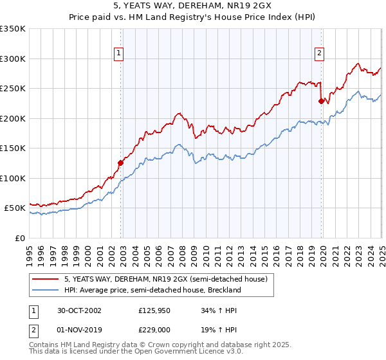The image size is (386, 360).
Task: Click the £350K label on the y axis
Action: click(13, 29)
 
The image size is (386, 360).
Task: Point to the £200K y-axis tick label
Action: click(13, 118)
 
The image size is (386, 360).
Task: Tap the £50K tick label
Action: click(15, 208)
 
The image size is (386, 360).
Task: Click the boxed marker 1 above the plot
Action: click(120, 54)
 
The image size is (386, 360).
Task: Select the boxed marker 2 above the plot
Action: click(319, 54)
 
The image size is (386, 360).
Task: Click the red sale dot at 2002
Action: click(120, 163)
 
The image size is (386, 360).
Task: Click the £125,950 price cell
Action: click(153, 310)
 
